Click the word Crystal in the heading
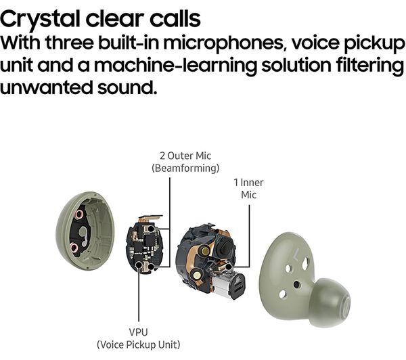click(x=40, y=19)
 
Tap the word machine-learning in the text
click(x=175, y=65)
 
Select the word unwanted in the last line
click(x=46, y=87)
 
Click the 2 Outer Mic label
click(x=185, y=156)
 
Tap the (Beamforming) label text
click(x=185, y=168)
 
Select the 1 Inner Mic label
click(x=248, y=189)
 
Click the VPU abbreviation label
click(x=138, y=332)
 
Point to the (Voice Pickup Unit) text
click(x=138, y=344)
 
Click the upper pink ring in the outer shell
click(x=79, y=215)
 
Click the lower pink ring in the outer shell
click(x=74, y=248)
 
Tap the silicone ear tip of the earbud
click(x=330, y=302)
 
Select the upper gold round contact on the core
click(x=205, y=250)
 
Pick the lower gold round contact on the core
click(x=196, y=275)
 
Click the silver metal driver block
click(x=228, y=284)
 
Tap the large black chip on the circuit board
click(x=148, y=240)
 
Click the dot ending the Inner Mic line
click(x=228, y=267)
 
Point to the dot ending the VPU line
click(x=139, y=265)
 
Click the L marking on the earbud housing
click(x=296, y=254)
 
